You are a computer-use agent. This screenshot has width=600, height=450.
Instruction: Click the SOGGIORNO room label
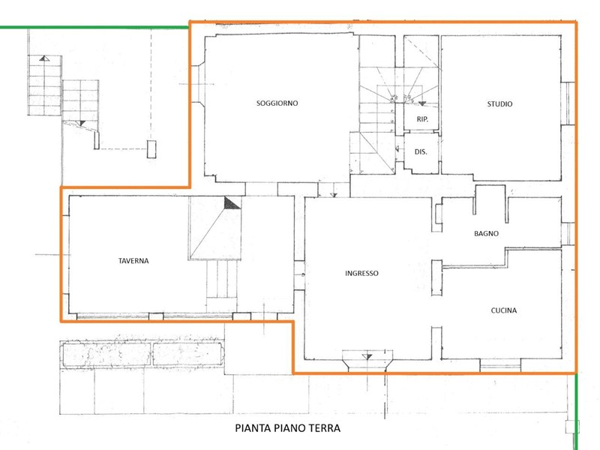pos(277,103)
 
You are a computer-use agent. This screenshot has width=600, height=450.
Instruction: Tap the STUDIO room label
pos(499,104)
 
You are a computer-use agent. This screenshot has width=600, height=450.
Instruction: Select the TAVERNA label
pos(133,261)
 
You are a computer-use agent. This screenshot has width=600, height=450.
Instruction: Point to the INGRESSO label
pos(361,273)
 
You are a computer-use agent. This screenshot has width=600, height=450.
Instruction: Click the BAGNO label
pos(486,233)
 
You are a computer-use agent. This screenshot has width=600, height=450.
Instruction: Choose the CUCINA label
pos(503,310)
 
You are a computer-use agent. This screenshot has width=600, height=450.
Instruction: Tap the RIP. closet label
pos(422,119)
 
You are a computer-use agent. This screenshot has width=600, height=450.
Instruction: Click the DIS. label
pos(421,152)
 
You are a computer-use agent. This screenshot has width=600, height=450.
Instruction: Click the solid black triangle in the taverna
pos(232,203)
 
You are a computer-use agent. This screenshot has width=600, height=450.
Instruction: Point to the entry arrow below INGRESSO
pos(367,357)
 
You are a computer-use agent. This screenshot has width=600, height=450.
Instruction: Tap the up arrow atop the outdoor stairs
pos(44,58)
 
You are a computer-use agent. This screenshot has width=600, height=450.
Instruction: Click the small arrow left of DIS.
pos(397,148)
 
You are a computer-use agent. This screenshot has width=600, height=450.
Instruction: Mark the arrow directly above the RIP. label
pos(422,103)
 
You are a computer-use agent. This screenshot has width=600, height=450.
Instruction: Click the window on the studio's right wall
pos(568,103)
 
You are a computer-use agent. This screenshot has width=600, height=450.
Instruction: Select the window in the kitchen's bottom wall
pos(500,366)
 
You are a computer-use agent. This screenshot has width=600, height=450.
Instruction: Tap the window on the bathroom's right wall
pos(568,233)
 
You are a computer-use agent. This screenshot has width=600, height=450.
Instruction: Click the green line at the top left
pos(94,28)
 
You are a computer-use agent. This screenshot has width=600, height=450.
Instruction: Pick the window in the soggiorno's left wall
pos(197,84)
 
